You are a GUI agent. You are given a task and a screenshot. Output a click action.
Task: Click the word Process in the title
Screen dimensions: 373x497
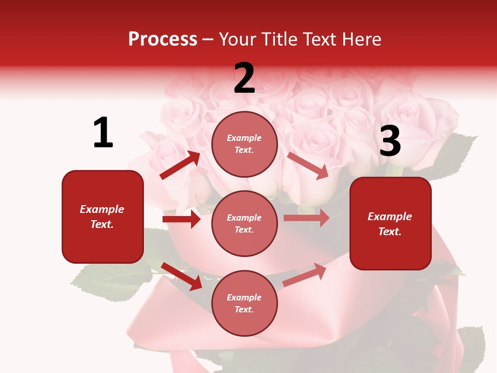[163, 39]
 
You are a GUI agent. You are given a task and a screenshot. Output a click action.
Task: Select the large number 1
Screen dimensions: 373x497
[103, 133]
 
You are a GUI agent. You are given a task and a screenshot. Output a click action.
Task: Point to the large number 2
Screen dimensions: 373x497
[244, 78]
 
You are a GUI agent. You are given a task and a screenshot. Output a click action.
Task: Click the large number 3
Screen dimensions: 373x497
[390, 141]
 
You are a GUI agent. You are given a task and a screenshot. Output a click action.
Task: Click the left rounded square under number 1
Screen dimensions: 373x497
[103, 217]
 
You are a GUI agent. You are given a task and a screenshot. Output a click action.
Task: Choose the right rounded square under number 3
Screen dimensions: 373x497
[390, 223]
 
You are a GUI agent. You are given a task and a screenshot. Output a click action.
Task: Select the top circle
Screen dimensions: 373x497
[244, 144]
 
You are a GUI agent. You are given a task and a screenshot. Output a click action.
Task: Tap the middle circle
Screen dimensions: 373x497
[244, 223]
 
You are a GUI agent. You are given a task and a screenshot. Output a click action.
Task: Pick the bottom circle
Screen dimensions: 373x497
[244, 303]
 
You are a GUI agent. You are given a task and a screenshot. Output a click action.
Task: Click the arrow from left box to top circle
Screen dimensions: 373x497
[180, 165]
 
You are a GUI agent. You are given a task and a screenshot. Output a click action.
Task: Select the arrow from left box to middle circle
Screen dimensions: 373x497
[181, 219]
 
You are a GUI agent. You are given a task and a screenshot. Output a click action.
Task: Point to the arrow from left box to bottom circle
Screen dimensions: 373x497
[181, 276]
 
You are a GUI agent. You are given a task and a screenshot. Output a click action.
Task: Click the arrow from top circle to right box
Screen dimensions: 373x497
[308, 165]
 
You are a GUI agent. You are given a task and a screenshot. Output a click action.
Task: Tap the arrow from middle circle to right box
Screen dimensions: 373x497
[306, 218]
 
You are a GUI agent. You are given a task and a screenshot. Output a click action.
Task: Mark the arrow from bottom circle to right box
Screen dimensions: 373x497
[304, 275]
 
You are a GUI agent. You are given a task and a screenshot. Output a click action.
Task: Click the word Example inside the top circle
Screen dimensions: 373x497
[244, 138]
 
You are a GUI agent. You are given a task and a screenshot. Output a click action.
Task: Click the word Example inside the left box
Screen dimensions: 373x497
[102, 209]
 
